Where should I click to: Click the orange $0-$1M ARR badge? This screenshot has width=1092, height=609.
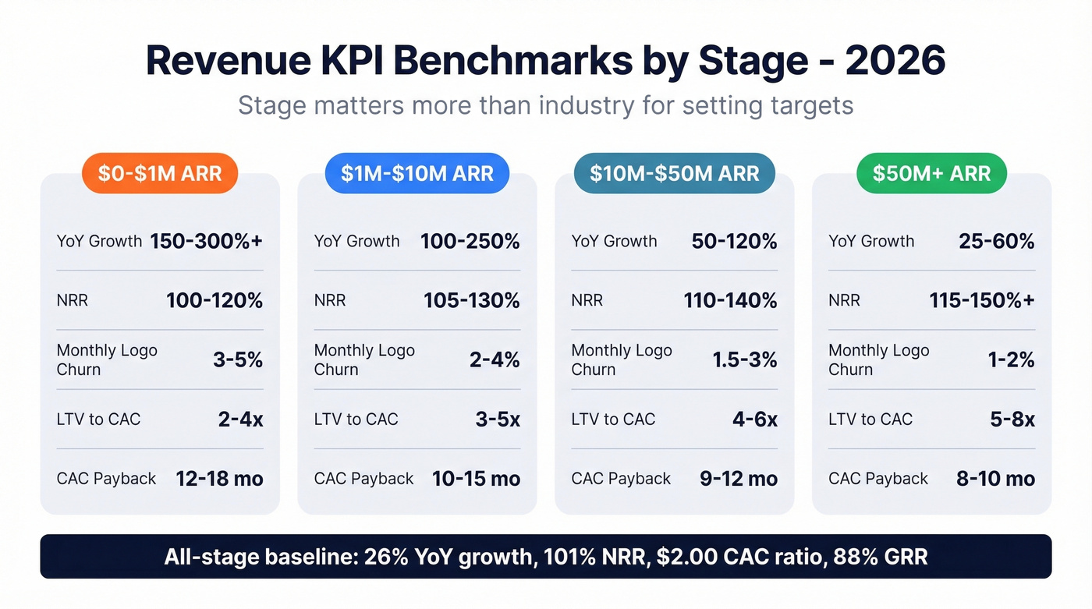click(159, 173)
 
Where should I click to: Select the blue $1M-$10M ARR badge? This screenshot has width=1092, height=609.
click(417, 173)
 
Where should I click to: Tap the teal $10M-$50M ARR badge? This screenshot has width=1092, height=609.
click(674, 173)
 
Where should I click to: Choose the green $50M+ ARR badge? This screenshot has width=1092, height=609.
click(931, 173)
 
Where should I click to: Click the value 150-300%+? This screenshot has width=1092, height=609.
click(206, 241)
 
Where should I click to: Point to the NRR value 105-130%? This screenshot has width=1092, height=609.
click(471, 300)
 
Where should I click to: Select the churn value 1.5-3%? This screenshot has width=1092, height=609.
click(744, 359)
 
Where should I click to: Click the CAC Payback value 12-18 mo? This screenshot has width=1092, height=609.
click(219, 479)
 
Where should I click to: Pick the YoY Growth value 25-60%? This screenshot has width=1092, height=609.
click(996, 241)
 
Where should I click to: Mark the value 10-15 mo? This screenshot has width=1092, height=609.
click(476, 479)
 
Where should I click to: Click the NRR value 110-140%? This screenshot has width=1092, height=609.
click(730, 300)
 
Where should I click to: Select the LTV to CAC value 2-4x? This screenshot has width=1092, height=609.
click(240, 420)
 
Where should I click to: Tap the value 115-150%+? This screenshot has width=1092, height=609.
click(981, 300)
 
